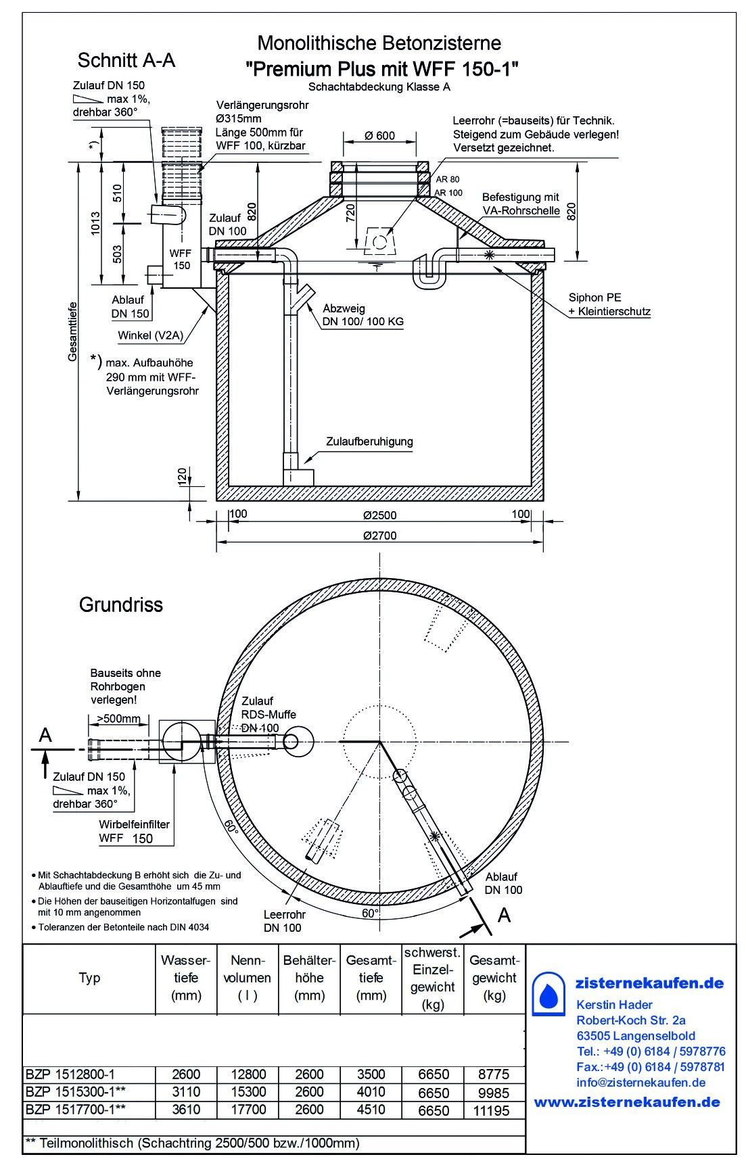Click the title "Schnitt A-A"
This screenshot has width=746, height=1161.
tap(126, 61)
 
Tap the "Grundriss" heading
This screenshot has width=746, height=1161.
tap(121, 604)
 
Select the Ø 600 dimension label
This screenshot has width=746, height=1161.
tap(379, 135)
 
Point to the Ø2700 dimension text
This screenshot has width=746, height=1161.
tap(379, 536)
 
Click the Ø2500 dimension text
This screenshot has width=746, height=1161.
tap(379, 515)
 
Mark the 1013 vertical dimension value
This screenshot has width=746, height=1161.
tap(95, 224)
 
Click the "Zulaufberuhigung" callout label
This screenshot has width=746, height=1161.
tap(369, 442)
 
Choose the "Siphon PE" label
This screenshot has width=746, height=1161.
tap(595, 298)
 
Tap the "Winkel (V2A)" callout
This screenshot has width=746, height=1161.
tap(150, 335)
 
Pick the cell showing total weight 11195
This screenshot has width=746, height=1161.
tap(494, 1110)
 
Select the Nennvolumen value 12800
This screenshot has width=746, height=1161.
tap(248, 1074)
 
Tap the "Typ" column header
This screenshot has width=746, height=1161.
tap(89, 978)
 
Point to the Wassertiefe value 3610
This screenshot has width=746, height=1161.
tap(186, 1110)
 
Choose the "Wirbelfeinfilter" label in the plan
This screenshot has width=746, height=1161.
tap(134, 824)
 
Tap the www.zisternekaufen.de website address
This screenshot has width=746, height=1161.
tap(627, 1102)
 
